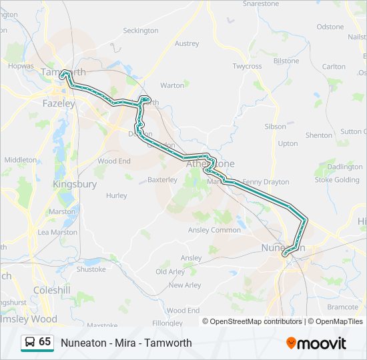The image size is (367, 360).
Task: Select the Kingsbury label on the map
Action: click(x=75, y=184)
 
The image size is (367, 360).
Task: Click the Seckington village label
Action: click(x=141, y=31)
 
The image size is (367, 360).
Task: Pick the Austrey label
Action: click(x=187, y=44)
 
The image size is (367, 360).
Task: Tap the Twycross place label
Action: click(x=247, y=67)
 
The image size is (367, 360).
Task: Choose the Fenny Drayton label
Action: click(x=266, y=181)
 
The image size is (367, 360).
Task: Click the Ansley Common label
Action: click(x=215, y=230)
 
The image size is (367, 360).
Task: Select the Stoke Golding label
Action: click(x=337, y=179)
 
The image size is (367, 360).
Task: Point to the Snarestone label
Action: click(x=261, y=3)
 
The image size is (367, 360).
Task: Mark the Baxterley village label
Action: click(x=162, y=179)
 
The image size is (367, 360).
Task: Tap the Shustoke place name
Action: click(x=91, y=269)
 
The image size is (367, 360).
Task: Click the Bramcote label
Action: click(x=342, y=307)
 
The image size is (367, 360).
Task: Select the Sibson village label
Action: click(x=275, y=126)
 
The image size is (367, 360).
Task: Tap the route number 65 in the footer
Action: click(x=45, y=342)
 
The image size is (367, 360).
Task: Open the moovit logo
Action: click(x=316, y=343)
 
